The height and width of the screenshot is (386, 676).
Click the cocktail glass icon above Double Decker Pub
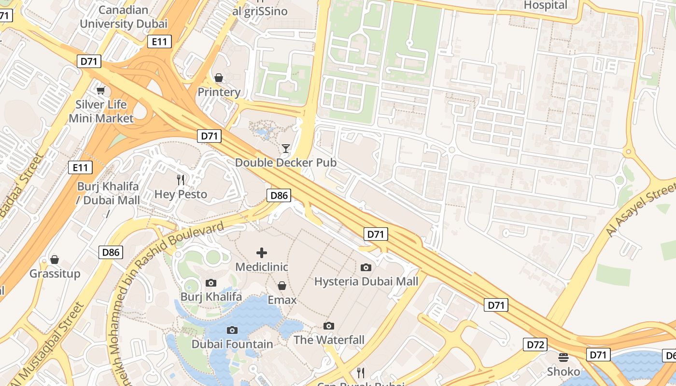click(x=286, y=149)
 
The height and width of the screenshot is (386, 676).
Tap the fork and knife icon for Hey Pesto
click(x=181, y=180)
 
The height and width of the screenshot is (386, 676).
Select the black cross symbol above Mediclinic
click(x=261, y=252)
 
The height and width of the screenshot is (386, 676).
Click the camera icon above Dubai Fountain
click(x=232, y=330)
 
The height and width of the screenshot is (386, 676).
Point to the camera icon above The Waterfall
click(x=329, y=326)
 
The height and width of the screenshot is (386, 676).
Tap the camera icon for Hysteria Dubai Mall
click(x=366, y=267)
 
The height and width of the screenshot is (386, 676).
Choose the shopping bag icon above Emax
click(x=282, y=286)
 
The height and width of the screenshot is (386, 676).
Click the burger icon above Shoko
click(x=563, y=358)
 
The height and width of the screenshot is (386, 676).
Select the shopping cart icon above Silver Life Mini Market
click(x=101, y=90)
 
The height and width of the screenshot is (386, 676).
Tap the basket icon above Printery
click(x=219, y=78)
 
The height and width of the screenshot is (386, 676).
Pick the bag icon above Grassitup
click(x=55, y=260)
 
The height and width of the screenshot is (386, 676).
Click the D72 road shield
click(x=535, y=345)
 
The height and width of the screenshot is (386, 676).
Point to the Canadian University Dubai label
click(x=124, y=17)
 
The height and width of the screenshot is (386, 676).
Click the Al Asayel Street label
click(x=641, y=208)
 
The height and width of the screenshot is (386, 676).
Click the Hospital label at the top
click(x=546, y=5)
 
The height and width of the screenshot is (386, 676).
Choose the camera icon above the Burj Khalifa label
click(x=211, y=283)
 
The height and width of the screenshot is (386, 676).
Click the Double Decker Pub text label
click(x=285, y=163)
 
